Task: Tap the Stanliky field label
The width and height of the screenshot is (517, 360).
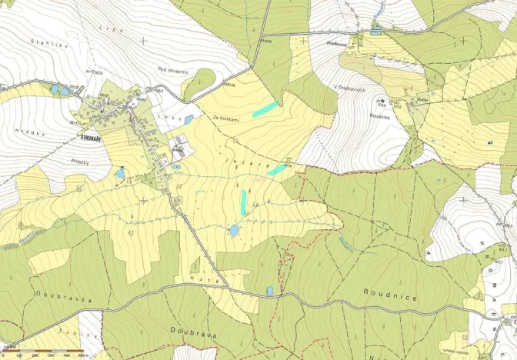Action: point(45,42)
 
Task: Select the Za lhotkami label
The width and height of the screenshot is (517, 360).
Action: point(224,117)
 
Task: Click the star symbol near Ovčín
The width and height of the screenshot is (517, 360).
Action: point(382,102)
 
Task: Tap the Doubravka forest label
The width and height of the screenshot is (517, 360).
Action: point(53,296)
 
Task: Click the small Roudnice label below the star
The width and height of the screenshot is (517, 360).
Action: point(381,117)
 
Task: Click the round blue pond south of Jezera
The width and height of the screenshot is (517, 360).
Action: point(234,230)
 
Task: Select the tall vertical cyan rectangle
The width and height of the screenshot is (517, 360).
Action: point(243,203)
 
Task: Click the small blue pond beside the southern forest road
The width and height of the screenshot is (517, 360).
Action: point(269,291)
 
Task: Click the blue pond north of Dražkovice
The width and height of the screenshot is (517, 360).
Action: point(375,32)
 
